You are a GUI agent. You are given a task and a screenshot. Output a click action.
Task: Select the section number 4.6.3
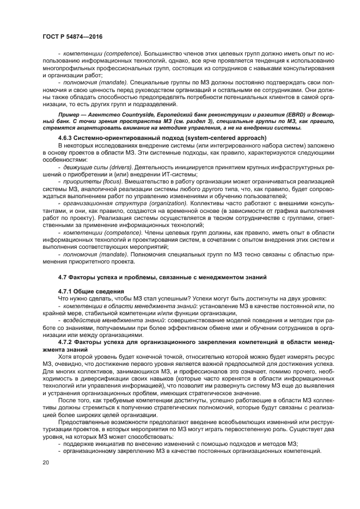coord(67,138)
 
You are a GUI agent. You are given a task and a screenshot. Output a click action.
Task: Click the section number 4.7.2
coord(67,341)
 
